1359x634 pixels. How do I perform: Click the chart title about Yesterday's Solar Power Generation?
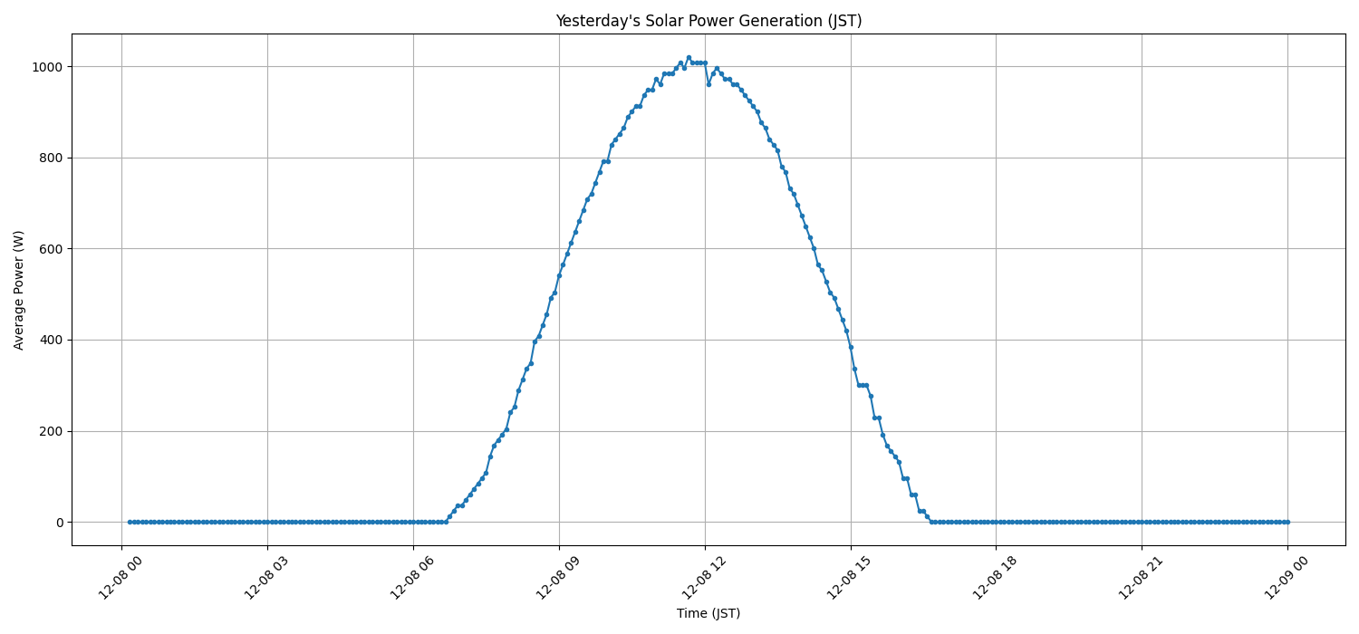[x=708, y=21]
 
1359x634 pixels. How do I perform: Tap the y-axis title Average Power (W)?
[x=19, y=290]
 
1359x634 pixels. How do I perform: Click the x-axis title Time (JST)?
[x=708, y=613]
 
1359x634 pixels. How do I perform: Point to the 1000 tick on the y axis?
[x=46, y=67]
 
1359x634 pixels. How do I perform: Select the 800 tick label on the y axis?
[x=51, y=158]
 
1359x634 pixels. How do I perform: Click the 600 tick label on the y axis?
[x=51, y=249]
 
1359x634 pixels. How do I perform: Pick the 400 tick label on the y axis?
[x=51, y=340]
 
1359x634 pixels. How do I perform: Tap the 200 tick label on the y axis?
[x=51, y=431]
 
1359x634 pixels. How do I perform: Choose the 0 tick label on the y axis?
[x=59, y=523]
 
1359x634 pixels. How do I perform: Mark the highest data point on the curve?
[x=689, y=57]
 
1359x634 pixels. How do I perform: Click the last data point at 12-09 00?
[x=1287, y=522]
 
